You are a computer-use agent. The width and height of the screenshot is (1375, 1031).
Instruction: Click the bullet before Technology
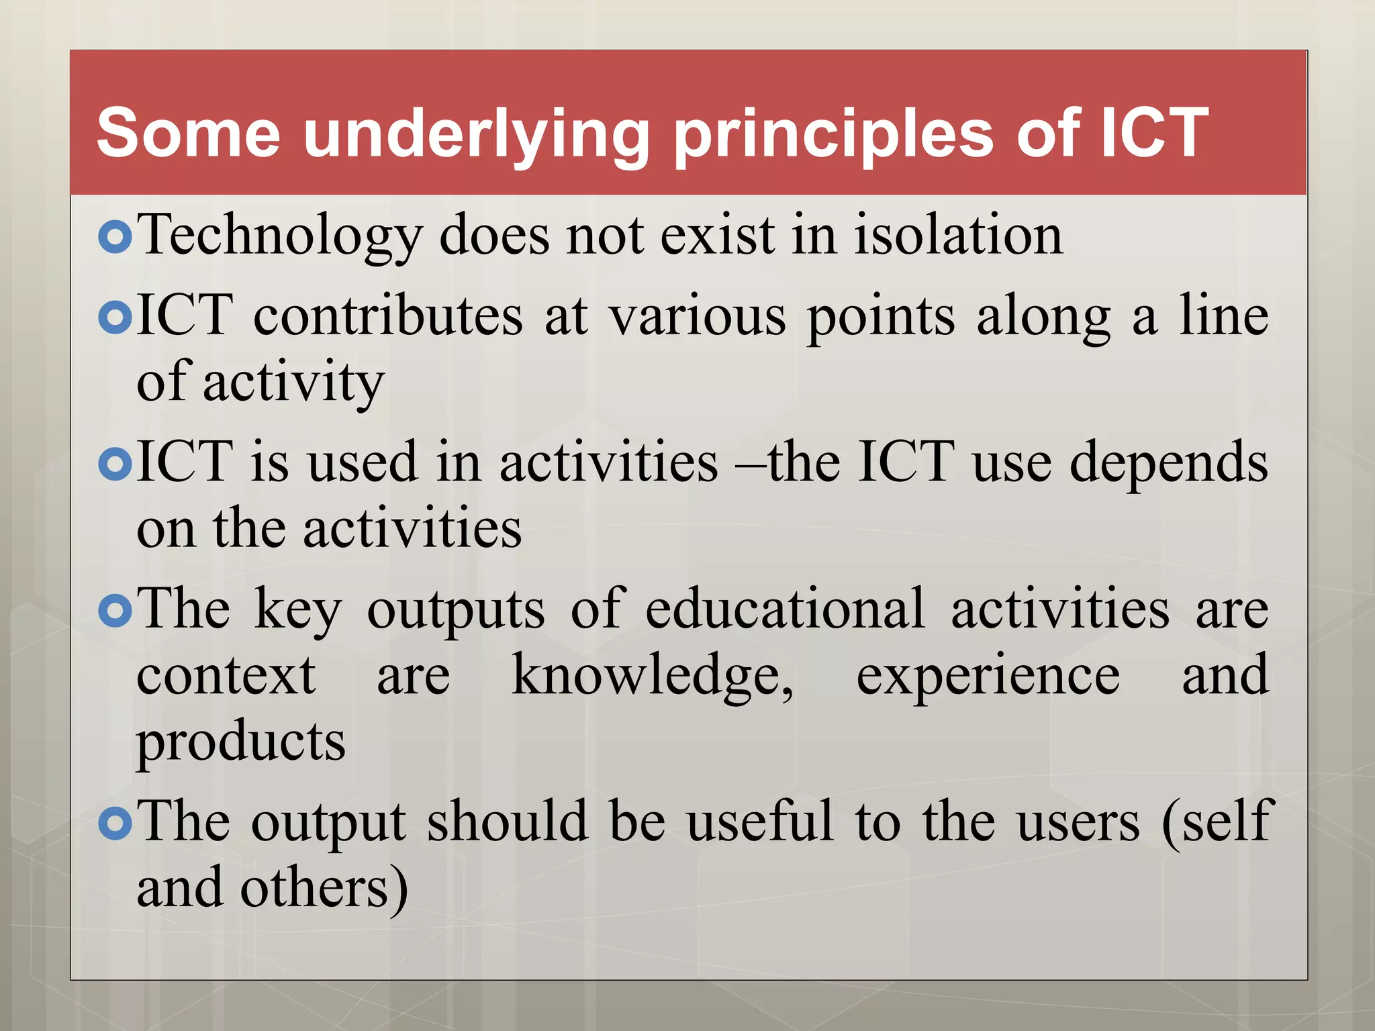[115, 237]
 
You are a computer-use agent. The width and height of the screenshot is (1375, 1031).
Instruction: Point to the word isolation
[958, 235]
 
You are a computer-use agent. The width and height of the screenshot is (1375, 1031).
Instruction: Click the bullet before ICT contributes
[115, 317]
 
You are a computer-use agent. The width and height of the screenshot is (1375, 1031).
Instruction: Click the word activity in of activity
[293, 383]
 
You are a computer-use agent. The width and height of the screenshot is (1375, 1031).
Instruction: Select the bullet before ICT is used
[115, 464]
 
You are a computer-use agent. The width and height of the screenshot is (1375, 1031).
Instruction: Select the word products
[241, 742]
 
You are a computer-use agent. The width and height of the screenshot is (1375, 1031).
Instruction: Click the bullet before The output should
[115, 824]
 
